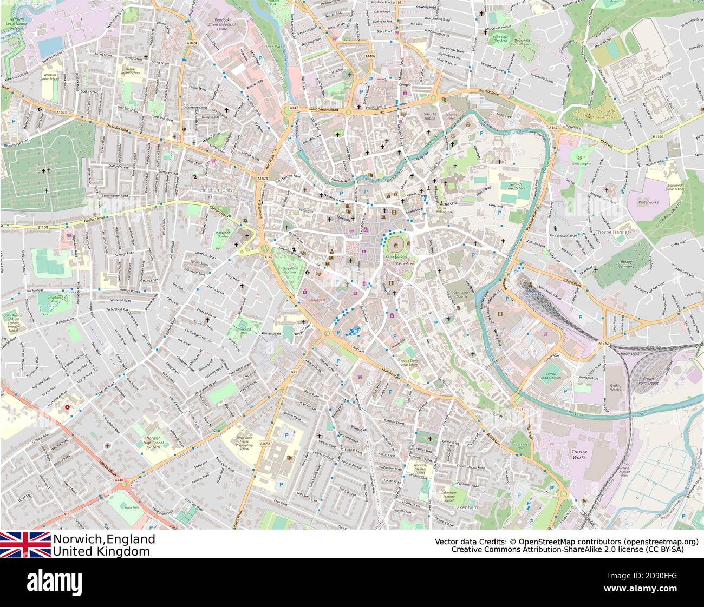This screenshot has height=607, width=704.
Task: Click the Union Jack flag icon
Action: [x=25, y=544]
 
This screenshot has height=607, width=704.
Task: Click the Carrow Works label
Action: [x=579, y=454]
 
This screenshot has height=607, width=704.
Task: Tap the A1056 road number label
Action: [x=265, y=444]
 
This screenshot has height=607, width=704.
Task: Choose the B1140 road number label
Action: [x=657, y=137]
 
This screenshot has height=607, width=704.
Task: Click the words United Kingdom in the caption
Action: [x=101, y=551]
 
